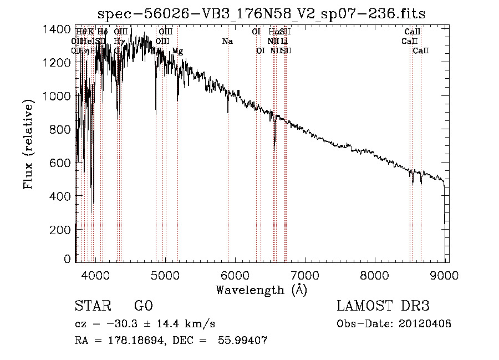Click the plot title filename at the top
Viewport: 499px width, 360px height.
coord(261,14)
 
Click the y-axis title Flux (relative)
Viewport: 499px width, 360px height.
coord(28,145)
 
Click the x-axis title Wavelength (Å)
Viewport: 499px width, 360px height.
coord(261,290)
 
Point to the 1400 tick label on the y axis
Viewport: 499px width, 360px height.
coord(57,29)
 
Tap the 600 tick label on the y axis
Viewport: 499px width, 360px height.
coord(60,163)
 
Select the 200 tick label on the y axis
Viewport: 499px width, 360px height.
coord(60,229)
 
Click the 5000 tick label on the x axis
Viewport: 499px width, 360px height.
coord(165,275)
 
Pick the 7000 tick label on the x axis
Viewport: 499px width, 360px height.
coord(305,275)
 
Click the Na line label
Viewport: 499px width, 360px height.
coord(227,42)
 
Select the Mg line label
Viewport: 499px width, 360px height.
coord(177,51)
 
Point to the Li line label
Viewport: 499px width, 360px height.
coord(284,42)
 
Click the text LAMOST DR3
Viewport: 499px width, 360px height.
coord(383,306)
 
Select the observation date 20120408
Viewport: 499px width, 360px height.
coord(426,324)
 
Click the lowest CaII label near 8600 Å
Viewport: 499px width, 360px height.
coord(421,51)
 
